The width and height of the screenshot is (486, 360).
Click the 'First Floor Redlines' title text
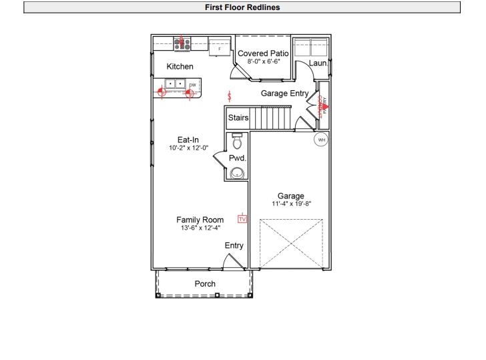242,7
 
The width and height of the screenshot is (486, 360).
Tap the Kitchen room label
180,67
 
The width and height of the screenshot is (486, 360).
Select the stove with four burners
182,44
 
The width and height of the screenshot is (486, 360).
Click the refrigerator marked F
219,48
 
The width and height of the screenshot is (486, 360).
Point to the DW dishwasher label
192,85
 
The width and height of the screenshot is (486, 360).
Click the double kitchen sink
175,84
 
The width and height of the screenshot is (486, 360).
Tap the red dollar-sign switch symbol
230,97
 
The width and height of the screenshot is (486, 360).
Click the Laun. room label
318,63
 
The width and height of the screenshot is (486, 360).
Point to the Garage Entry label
284,94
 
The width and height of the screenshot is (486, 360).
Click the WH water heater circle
321,140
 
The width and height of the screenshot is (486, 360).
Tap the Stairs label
238,118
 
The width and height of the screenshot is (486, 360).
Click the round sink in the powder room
237,173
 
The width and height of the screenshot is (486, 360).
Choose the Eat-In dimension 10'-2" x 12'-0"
188,148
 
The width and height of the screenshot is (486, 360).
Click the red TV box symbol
242,218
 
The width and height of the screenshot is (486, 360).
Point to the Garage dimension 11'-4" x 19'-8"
290,203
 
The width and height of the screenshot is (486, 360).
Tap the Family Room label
200,220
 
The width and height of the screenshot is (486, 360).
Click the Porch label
205,284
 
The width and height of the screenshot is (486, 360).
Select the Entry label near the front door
234,246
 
